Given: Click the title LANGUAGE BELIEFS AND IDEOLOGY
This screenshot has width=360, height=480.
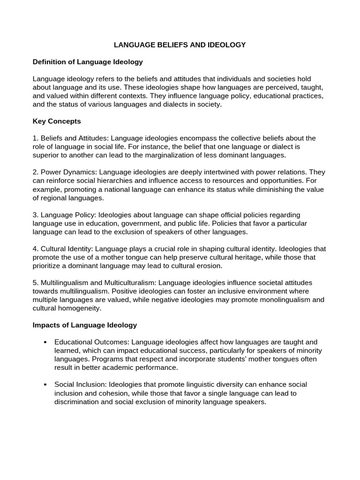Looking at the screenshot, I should tap(180, 45).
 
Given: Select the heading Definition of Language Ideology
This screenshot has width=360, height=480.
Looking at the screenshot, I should tap(88, 62).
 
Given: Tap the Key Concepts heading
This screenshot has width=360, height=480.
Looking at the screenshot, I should tap(57, 121).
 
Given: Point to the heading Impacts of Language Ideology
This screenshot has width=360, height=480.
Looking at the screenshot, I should tap(84, 325).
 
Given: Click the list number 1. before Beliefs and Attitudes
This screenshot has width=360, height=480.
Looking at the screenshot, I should tap(36, 138).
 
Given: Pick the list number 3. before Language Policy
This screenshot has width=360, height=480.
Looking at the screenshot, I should tap(36, 215).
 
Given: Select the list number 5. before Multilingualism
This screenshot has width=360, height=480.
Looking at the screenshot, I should tap(36, 283).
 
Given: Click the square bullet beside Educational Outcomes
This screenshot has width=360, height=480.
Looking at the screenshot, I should tap(45, 342).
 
